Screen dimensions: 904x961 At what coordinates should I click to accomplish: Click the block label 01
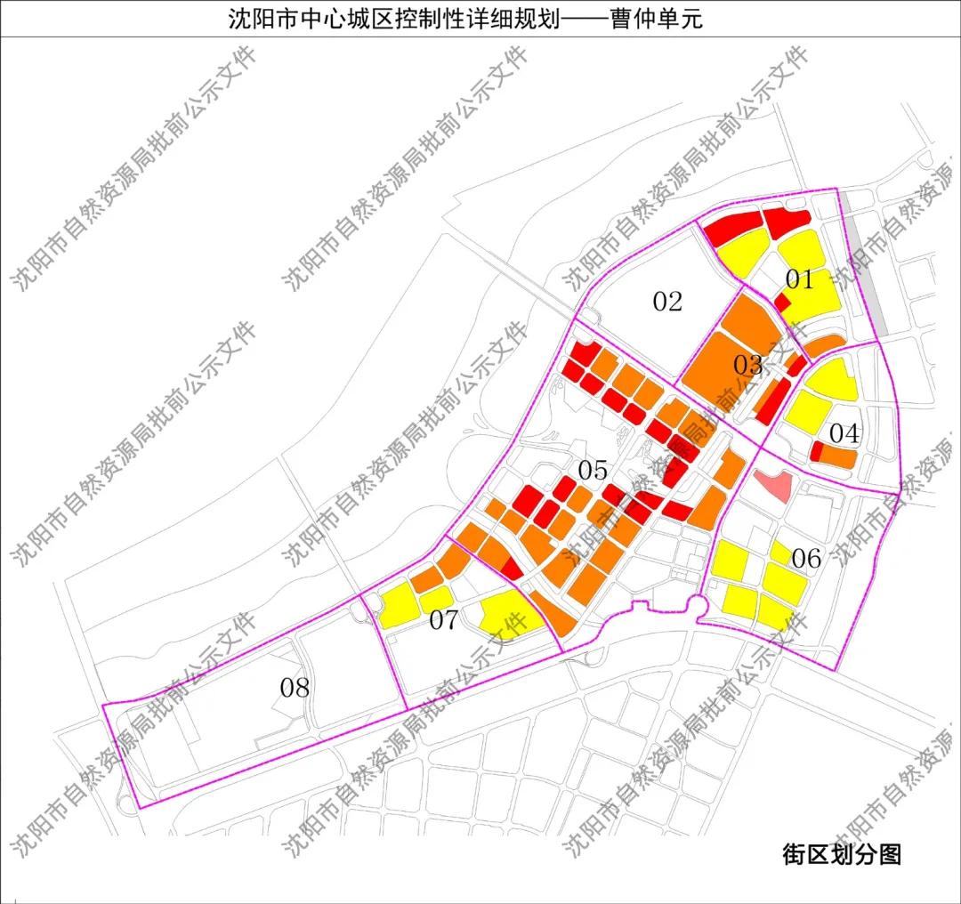pos(800,280)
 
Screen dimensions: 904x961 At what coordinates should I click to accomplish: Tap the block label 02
pos(667,302)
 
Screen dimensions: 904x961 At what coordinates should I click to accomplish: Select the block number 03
pos(748,365)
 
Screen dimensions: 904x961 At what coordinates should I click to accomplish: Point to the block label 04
pos(844,434)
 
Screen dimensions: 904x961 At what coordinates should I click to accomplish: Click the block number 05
pos(593,470)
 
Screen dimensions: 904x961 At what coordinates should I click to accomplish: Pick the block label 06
pos(806,559)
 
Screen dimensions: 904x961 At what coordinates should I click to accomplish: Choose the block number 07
pos(443,620)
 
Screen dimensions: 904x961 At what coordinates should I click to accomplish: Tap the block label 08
pos(295,687)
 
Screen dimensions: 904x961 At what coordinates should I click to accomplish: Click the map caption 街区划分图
pos(842,855)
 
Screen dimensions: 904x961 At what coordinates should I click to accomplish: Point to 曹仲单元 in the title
pos(656,19)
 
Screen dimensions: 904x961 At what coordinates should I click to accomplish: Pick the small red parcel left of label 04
pos(815,452)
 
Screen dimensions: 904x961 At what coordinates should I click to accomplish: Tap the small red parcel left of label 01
pos(781,303)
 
